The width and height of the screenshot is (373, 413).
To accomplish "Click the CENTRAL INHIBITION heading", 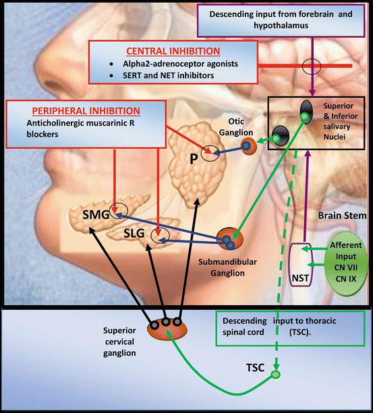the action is (173, 51).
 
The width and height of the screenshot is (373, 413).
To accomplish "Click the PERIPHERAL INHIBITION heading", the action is (86, 111).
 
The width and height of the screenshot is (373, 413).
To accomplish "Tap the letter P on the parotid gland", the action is (194, 159).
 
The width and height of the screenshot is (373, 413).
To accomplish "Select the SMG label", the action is (96, 215).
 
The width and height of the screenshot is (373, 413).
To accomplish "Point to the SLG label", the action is (134, 233).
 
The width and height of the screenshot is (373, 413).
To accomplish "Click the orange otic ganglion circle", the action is (249, 146).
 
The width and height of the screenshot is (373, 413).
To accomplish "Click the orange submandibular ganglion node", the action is (230, 239).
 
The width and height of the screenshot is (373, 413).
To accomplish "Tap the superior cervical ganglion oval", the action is (167, 329).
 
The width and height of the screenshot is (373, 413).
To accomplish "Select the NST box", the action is (301, 265).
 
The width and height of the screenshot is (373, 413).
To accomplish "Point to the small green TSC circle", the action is (276, 375).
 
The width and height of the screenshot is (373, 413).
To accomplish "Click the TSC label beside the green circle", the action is (255, 368).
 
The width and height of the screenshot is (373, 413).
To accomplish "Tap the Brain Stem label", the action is (342, 216).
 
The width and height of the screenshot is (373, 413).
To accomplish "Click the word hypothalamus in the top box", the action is (281, 26).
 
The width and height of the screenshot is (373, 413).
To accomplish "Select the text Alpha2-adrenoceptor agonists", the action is (180, 64).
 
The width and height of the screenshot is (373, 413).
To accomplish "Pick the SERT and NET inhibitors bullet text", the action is (168, 75).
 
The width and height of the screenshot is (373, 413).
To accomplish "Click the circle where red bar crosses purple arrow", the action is (312, 66).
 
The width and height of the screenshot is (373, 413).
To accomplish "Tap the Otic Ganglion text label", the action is (236, 127).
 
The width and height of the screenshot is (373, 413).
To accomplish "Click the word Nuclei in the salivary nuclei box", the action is (335, 137).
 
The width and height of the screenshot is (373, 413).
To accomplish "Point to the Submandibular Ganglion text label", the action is (227, 267).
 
